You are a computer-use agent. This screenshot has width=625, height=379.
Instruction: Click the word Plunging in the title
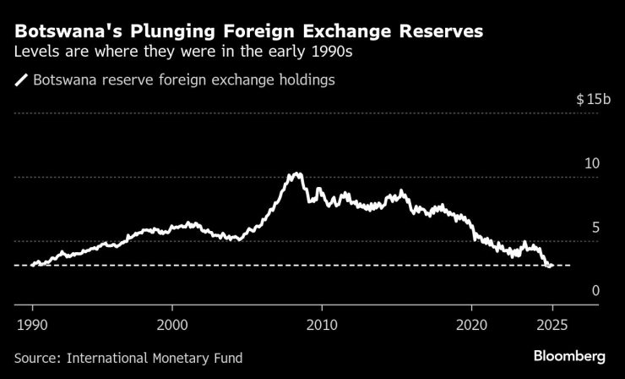pyautogui.click(x=178, y=32)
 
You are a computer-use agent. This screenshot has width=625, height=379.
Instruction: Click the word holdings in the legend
pyautogui.click(x=307, y=81)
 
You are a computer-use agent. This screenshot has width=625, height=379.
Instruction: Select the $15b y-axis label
pyautogui.click(x=593, y=100)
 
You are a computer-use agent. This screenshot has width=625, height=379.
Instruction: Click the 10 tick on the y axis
pyautogui.click(x=593, y=162)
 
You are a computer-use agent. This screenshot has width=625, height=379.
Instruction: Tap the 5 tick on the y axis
pyautogui.click(x=595, y=227)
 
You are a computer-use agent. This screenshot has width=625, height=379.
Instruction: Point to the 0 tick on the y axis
pyautogui.click(x=595, y=291)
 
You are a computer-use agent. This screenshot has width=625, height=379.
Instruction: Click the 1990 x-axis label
pyautogui.click(x=33, y=324)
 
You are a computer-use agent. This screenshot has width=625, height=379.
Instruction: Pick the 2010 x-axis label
pyautogui.click(x=321, y=324)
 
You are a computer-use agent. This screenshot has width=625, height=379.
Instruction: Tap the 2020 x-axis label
pyautogui.click(x=470, y=324)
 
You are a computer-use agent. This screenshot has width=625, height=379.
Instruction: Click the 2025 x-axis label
pyautogui.click(x=552, y=324)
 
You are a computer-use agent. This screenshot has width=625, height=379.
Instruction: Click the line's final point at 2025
pyautogui.click(x=552, y=266)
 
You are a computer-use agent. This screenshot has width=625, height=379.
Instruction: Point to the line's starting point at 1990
pyautogui.click(x=32, y=265)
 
